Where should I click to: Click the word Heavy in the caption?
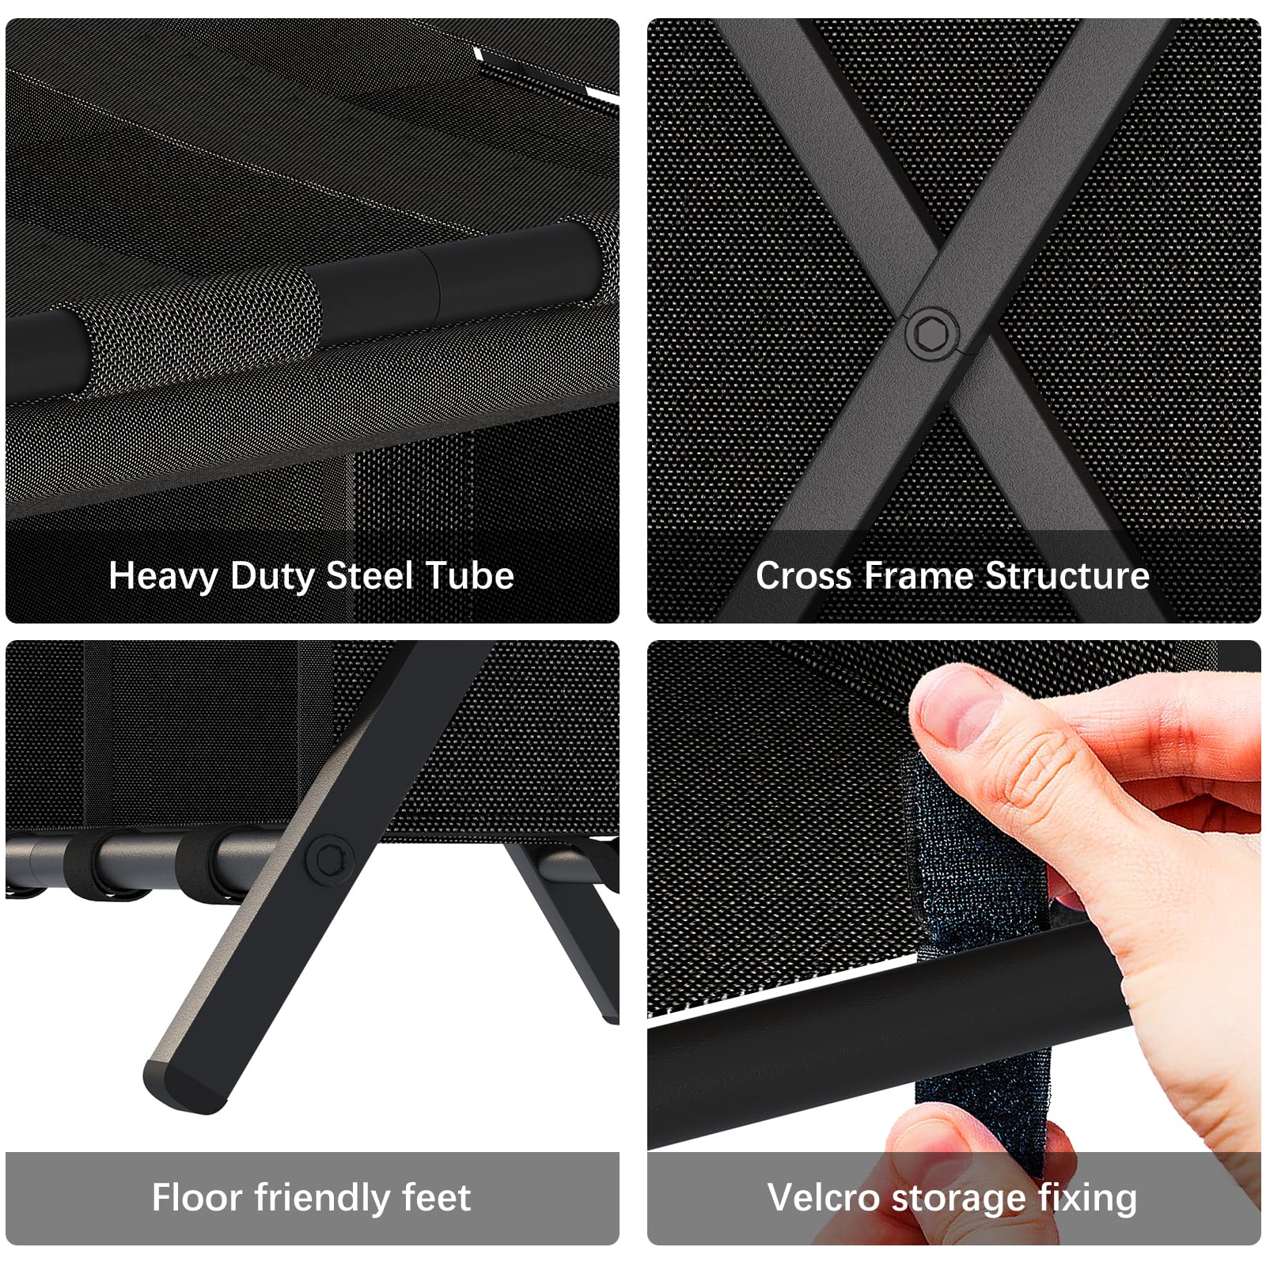[x=163, y=577]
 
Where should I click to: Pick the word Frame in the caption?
[x=919, y=575]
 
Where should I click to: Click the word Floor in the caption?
[x=197, y=1197]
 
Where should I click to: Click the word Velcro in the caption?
[x=824, y=1197]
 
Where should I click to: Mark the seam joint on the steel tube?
[x=434, y=285]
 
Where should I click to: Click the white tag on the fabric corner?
[x=546, y=75]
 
